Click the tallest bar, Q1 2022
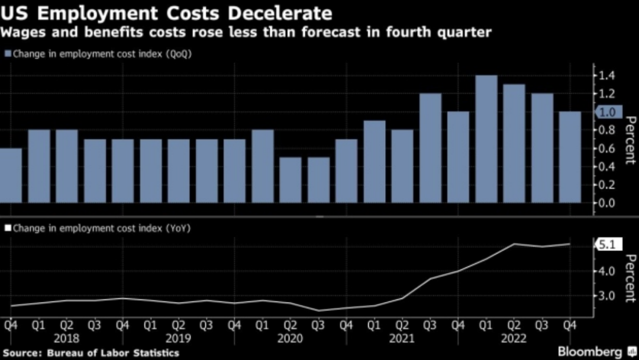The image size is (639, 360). (x=486, y=139)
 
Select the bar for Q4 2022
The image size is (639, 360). (x=570, y=157)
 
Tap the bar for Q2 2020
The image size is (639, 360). (x=291, y=180)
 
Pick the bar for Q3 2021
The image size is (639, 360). (x=430, y=148)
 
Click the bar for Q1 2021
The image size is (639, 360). (x=375, y=162)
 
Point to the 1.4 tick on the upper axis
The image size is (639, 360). (x=606, y=76)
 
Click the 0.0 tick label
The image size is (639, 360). (x=606, y=203)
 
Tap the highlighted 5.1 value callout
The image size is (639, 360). (x=608, y=243)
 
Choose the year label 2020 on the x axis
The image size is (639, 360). (x=291, y=338)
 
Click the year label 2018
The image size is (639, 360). (x=67, y=338)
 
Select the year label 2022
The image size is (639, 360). (x=514, y=338)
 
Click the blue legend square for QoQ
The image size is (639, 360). (x=8, y=54)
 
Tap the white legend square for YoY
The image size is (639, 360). (x=8, y=227)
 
